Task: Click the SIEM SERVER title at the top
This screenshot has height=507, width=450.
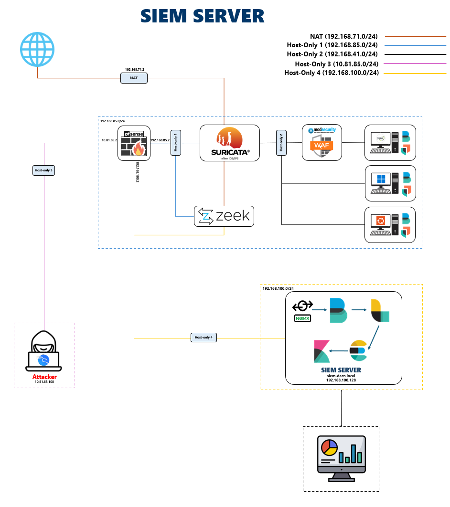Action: [x=202, y=16]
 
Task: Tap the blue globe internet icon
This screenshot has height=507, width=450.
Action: [x=37, y=49]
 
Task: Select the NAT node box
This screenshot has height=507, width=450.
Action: [x=134, y=78]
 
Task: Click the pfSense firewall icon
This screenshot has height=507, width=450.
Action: [x=134, y=143]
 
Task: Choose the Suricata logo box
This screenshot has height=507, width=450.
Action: [x=229, y=143]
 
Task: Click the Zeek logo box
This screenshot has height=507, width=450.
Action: [x=224, y=216]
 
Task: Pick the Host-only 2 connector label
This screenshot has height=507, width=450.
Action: [x=281, y=142]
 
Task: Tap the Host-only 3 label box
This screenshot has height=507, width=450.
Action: [x=43, y=170]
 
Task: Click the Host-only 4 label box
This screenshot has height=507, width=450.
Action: [x=204, y=338]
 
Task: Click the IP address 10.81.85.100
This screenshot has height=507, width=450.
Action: [x=44, y=382]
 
